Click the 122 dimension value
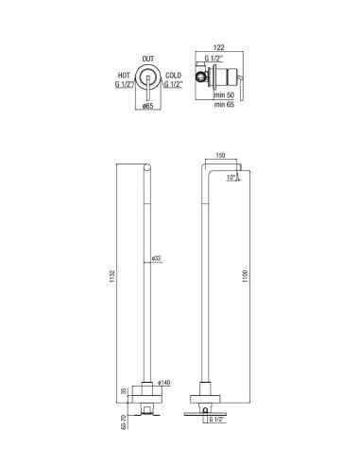point(218,47)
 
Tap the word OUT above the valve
point(148,59)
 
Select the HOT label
point(124,76)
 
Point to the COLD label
point(174,76)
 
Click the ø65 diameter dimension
point(147,106)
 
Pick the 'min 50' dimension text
point(224,95)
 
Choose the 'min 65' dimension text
point(224,104)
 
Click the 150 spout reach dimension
point(221,155)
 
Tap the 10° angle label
point(231,178)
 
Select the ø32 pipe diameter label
point(157,258)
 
